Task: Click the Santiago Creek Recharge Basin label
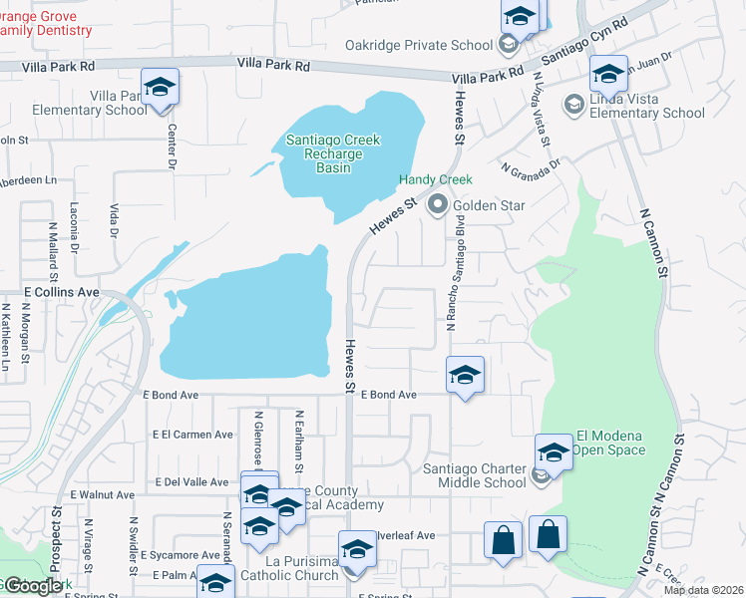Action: [333, 153]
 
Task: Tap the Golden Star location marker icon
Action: [437, 205]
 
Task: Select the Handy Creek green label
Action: [435, 179]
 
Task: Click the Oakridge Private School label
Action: [419, 45]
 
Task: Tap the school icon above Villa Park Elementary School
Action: [160, 87]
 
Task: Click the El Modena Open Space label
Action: [610, 443]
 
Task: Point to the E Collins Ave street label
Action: [62, 292]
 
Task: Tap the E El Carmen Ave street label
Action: [192, 435]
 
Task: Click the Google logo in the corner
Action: [32, 586]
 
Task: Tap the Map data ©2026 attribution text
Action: [703, 590]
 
